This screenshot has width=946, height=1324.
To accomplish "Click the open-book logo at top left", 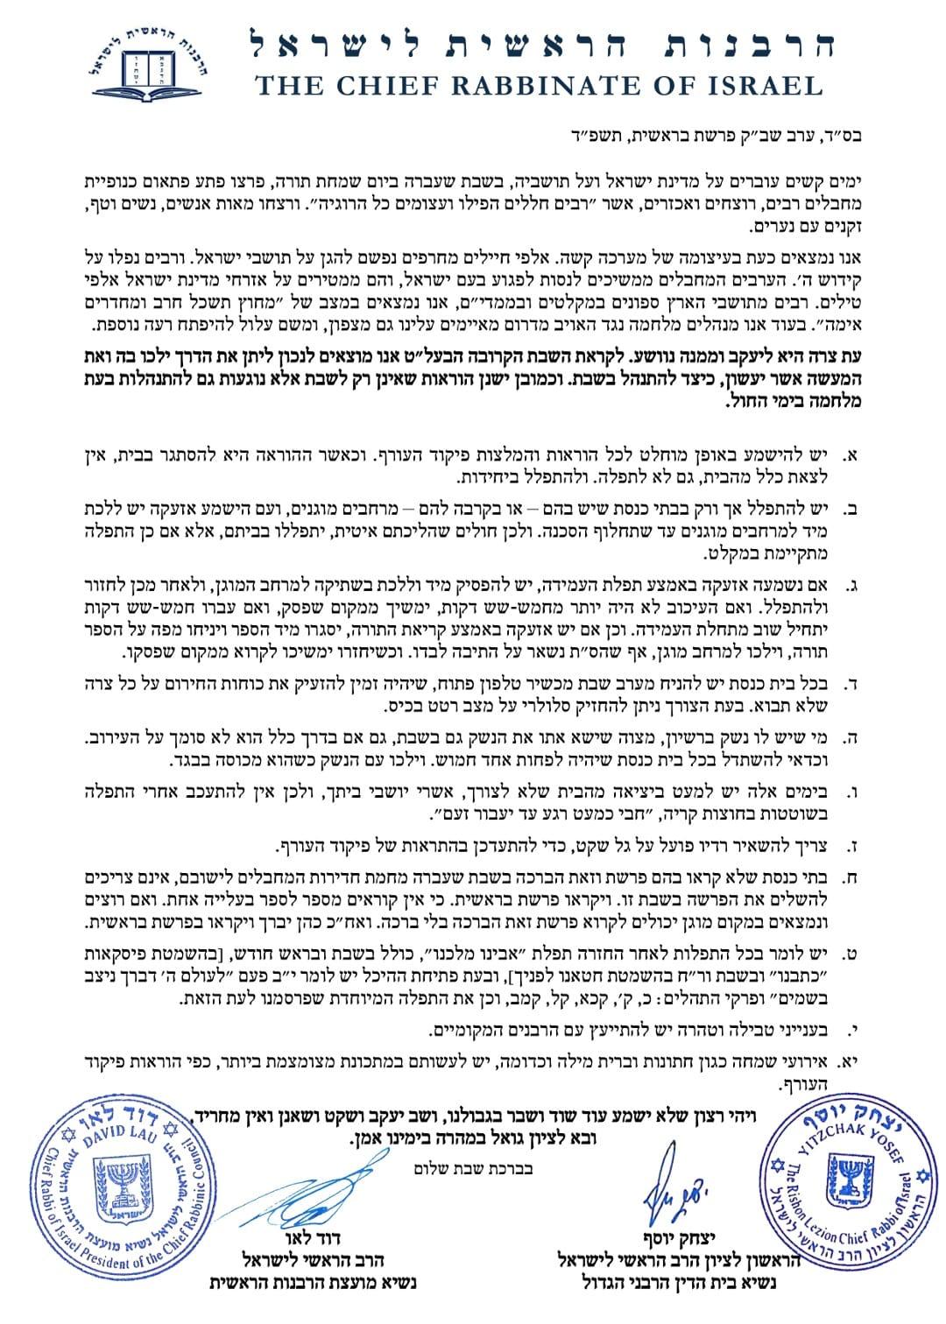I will tap(142, 62).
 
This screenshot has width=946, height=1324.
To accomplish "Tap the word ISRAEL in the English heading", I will tap(755, 85).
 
